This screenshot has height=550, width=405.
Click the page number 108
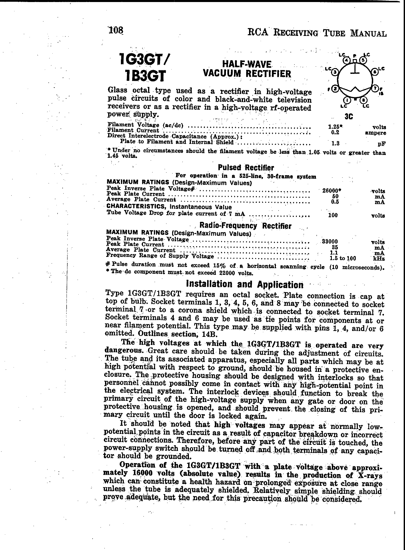(x=116, y=30)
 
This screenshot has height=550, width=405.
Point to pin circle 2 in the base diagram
(x=335, y=89)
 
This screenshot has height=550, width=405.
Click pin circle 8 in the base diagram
(x=363, y=100)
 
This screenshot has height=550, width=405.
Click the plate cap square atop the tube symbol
(x=355, y=61)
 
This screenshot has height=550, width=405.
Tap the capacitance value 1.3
(x=335, y=143)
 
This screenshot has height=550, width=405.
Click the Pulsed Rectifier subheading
(x=246, y=168)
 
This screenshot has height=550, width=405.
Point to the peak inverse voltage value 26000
(x=330, y=191)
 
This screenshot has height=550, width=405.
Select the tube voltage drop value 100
(x=333, y=215)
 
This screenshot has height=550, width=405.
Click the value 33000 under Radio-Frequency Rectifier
(x=330, y=242)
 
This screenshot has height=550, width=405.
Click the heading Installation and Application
(x=244, y=284)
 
